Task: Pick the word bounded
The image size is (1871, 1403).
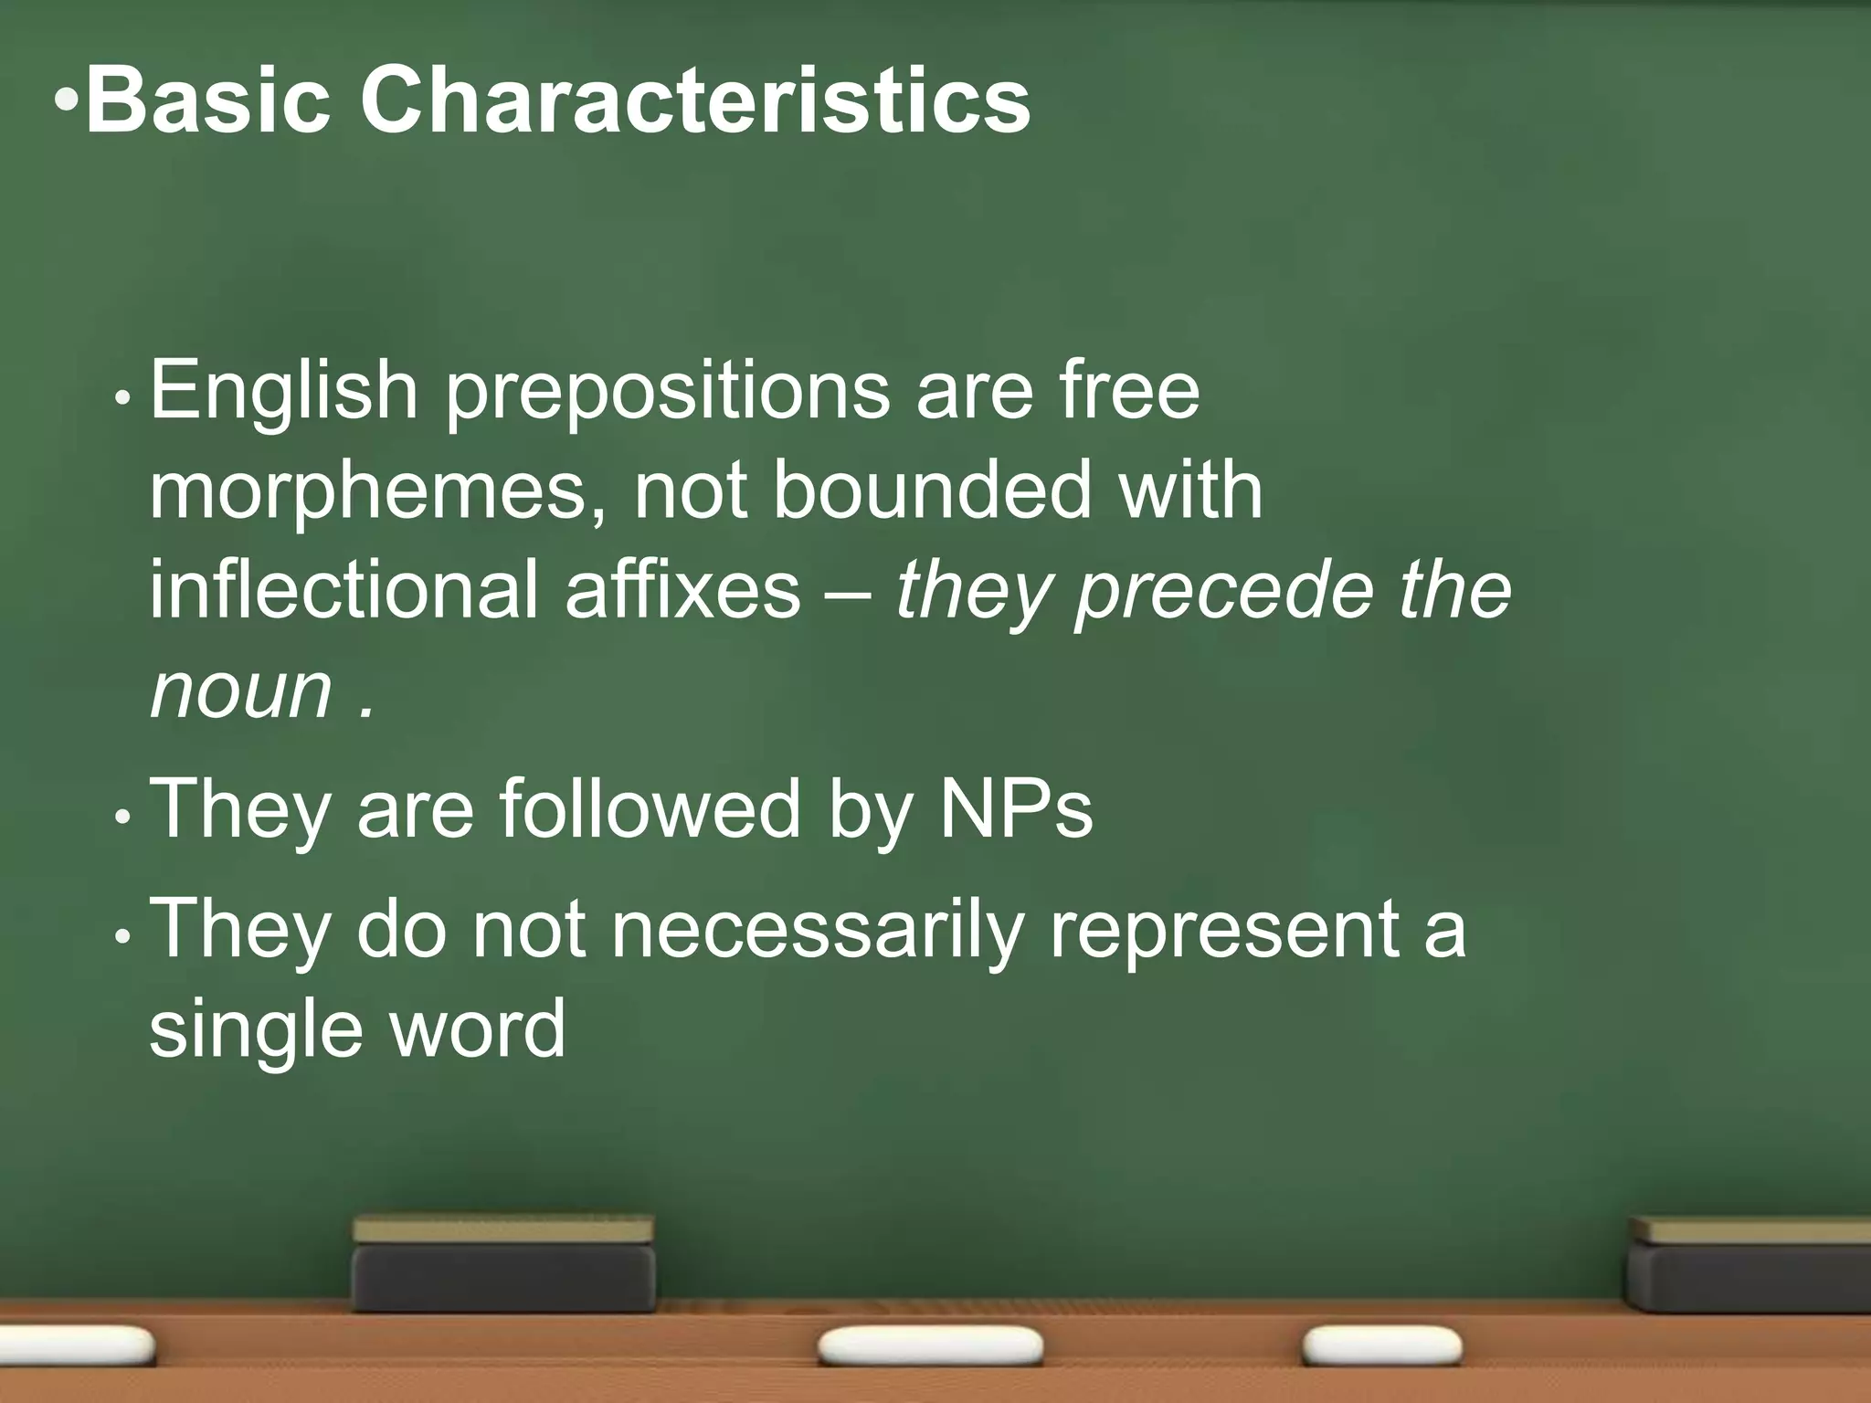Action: coord(933,491)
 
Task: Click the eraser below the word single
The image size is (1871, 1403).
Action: coord(503,1264)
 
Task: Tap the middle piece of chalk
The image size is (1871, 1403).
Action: coord(930,1346)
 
